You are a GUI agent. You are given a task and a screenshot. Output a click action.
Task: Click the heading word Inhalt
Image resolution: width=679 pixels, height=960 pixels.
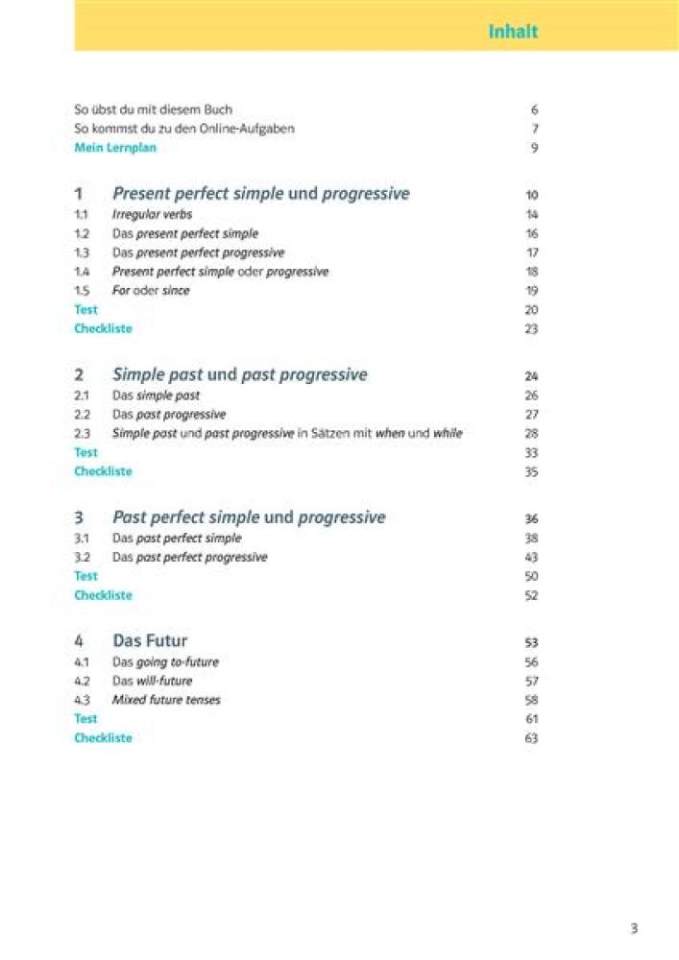pyautogui.click(x=513, y=32)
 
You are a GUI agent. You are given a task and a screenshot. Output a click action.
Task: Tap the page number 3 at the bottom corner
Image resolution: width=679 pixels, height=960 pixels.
pyautogui.click(x=634, y=928)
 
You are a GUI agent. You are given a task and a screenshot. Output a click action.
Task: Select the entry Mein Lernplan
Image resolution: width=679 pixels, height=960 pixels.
pyautogui.click(x=115, y=148)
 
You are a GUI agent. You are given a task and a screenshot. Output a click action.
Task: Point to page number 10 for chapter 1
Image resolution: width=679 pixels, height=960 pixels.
pyautogui.click(x=532, y=195)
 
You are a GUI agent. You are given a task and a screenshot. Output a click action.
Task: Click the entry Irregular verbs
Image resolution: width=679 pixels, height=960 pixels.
pyautogui.click(x=152, y=215)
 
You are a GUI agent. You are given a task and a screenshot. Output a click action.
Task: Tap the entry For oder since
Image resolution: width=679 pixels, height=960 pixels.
pyautogui.click(x=151, y=291)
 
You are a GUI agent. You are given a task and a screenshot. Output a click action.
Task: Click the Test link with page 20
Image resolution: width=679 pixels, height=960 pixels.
pyautogui.click(x=85, y=310)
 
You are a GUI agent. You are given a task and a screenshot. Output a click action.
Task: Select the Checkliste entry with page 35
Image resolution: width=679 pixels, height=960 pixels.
pyautogui.click(x=103, y=471)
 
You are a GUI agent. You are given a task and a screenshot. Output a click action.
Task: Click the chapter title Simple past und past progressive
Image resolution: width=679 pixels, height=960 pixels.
pyautogui.click(x=239, y=374)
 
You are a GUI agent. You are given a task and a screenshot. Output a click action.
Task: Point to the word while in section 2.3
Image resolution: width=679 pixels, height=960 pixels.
pyautogui.click(x=448, y=434)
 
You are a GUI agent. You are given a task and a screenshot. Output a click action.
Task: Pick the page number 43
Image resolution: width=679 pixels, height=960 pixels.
pyautogui.click(x=532, y=558)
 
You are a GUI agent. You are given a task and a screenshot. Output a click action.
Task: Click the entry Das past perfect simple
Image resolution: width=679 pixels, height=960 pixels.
pyautogui.click(x=177, y=539)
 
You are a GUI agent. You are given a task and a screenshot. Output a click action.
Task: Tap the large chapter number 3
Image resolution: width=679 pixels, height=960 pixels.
pyautogui.click(x=80, y=517)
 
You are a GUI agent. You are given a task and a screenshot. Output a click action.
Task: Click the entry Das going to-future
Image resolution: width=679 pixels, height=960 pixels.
pyautogui.click(x=165, y=662)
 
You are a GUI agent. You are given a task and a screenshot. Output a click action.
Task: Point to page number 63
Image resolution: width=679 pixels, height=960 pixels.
pyautogui.click(x=532, y=738)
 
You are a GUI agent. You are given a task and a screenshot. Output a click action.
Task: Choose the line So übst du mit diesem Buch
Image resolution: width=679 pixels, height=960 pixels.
pyautogui.click(x=153, y=109)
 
